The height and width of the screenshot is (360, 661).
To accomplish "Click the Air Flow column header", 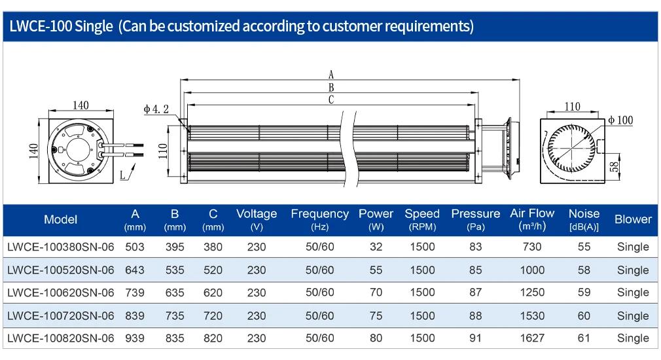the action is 532,220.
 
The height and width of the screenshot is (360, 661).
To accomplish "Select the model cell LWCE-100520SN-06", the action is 61,270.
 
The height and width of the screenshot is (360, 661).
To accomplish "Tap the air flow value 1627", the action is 532,338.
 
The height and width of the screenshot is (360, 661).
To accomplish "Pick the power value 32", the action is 376,247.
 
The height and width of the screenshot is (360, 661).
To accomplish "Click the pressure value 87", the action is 476,293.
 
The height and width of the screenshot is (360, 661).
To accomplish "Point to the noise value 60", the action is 584,315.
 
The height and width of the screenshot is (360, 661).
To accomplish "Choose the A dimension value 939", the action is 135,338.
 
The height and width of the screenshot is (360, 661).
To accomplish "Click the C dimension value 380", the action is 213,247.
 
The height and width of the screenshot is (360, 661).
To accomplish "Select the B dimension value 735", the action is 175,315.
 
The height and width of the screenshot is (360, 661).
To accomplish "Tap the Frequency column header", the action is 319,220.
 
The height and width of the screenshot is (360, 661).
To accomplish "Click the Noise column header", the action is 584,220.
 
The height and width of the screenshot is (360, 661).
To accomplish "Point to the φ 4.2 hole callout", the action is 156,109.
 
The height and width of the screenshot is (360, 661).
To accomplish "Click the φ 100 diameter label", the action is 620,120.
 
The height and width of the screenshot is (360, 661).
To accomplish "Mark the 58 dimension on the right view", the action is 615,167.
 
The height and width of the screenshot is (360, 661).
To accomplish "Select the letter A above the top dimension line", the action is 331,75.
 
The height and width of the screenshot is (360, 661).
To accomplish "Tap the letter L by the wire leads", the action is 122,175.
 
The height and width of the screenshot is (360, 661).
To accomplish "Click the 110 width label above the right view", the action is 572,106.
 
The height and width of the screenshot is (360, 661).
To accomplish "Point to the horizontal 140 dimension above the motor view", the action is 80,105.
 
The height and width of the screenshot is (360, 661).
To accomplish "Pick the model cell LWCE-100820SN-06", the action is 61,338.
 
